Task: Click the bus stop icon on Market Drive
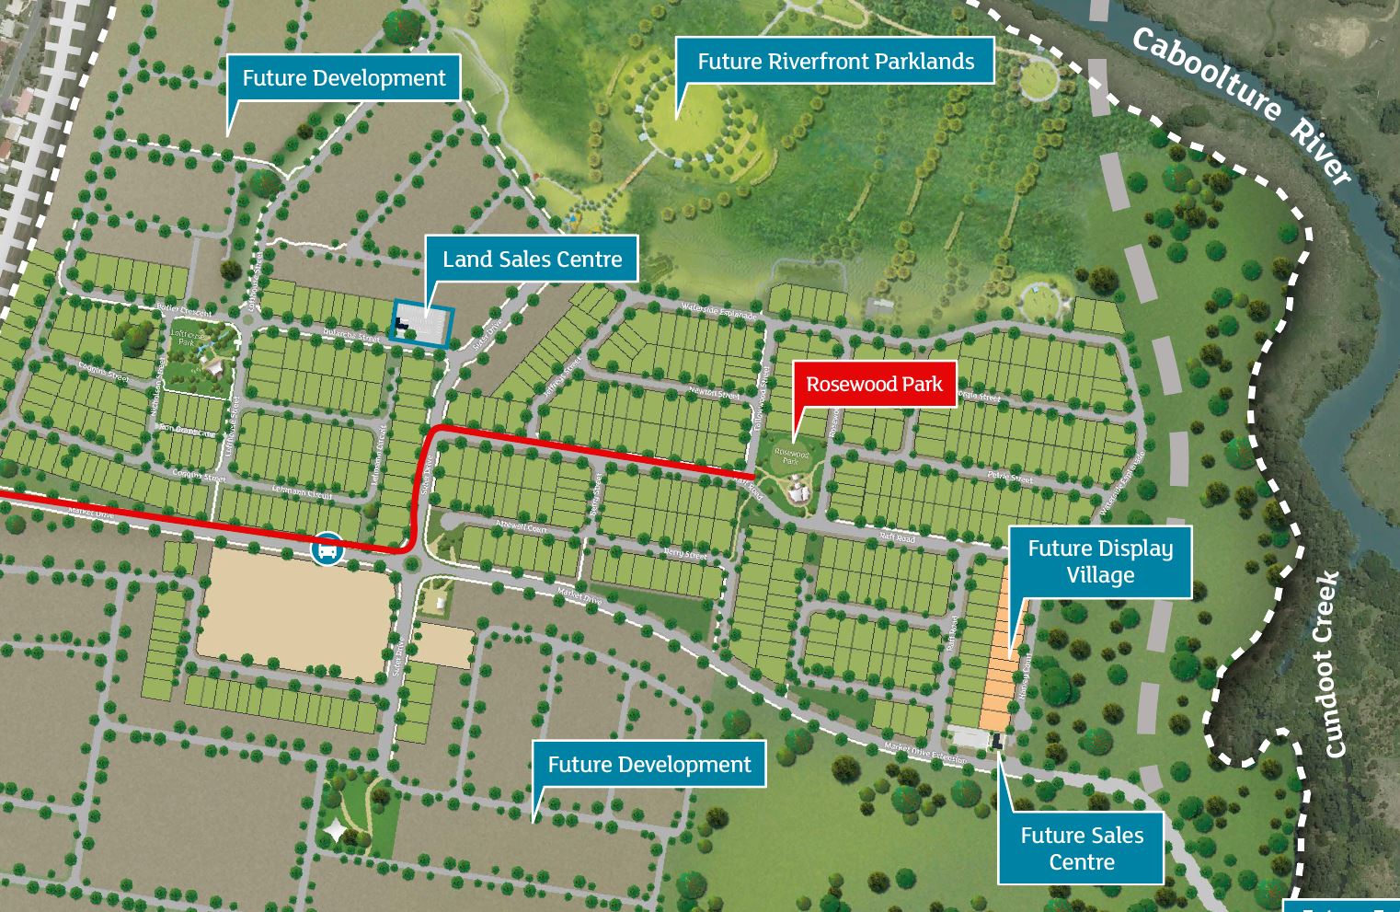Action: coord(327,548)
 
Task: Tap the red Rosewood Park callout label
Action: coord(874,385)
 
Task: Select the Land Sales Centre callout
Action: coord(532,260)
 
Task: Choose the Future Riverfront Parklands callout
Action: coord(835,62)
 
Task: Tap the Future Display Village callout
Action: coord(1099,561)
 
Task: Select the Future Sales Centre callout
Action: coord(1081,848)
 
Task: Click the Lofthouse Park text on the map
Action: coord(187,338)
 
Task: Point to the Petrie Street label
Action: coord(1009,477)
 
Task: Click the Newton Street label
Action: coord(714,393)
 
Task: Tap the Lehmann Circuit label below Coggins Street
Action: coord(302,492)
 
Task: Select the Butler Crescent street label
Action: coord(184,309)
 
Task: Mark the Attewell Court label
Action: coord(521,526)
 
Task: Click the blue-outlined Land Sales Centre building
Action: coord(422,324)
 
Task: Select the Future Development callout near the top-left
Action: coord(343,79)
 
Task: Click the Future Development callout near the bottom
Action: coord(648,765)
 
